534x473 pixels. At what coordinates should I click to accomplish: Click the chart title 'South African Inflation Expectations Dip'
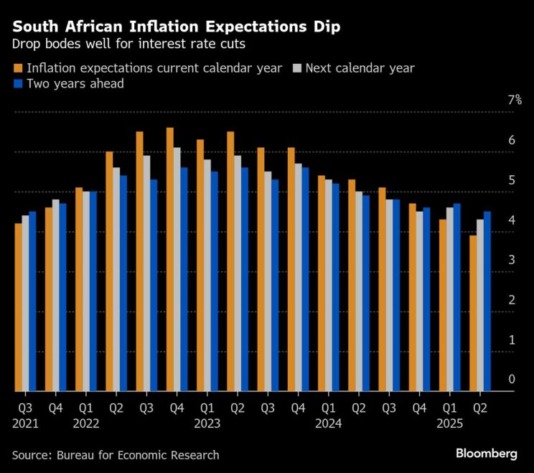tap(177, 27)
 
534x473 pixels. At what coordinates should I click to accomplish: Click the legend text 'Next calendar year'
tap(360, 69)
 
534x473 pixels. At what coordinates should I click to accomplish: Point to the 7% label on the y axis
tap(515, 100)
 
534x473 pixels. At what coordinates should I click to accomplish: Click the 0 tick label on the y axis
tap(512, 380)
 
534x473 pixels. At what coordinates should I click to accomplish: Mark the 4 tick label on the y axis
tap(512, 220)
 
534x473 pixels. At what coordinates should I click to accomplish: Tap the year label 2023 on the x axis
tap(207, 423)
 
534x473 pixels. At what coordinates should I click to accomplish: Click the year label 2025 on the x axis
tap(449, 423)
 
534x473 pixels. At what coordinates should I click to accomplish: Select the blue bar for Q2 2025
tap(487, 301)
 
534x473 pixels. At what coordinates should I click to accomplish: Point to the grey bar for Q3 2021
tap(26, 304)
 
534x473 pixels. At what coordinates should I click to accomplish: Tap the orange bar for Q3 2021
tap(18, 307)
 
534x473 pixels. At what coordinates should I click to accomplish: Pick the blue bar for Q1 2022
tap(93, 291)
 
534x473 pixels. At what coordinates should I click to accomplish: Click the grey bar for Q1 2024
tap(328, 286)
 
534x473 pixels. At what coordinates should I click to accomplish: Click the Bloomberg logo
tap(486, 454)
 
